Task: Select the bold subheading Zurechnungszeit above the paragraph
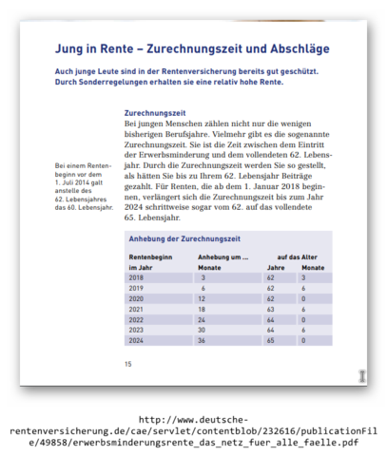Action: (x=154, y=112)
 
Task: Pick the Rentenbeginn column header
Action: (x=151, y=257)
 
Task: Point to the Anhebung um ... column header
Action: (x=223, y=257)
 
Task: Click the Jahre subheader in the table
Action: (x=275, y=269)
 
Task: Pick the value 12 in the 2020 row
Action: (x=203, y=299)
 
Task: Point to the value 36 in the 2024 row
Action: (x=203, y=339)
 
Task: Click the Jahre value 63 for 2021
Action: (x=272, y=309)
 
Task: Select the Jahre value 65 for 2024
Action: (x=272, y=339)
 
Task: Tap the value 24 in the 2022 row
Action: (x=203, y=319)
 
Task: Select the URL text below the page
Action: (x=193, y=431)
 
